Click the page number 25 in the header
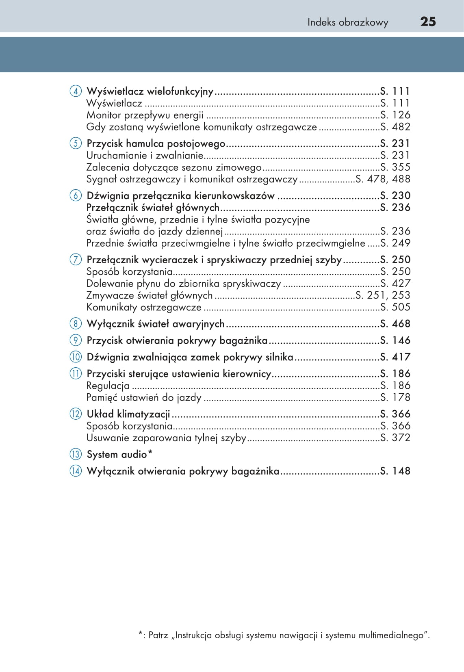pyautogui.click(x=428, y=22)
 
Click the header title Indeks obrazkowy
pyautogui.click(x=347, y=22)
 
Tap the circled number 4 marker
pyautogui.click(x=76, y=91)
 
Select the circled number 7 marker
pyautogui.click(x=76, y=260)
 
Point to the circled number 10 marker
pyautogui.click(x=76, y=357)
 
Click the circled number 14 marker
pyautogui.click(x=76, y=471)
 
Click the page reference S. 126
pyautogui.click(x=395, y=115)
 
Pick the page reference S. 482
pyautogui.click(x=395, y=127)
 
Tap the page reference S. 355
pyautogui.click(x=395, y=167)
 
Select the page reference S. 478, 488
pyautogui.click(x=383, y=179)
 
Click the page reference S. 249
pyautogui.click(x=395, y=243)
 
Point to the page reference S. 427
pyautogui.click(x=395, y=283)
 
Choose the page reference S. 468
pyautogui.click(x=395, y=324)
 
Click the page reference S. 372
pyautogui.click(x=395, y=438)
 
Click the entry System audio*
pyautogui.click(x=119, y=454)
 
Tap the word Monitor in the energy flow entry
pyautogui.click(x=104, y=115)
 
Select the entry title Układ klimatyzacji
pyautogui.click(x=128, y=414)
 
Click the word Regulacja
pyautogui.click(x=108, y=386)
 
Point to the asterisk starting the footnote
pyautogui.click(x=141, y=634)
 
